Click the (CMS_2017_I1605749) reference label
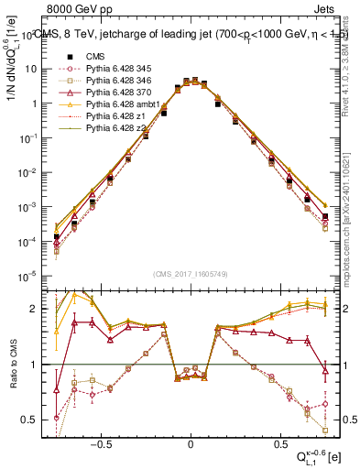point(191,272)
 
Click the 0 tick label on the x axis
point(191,441)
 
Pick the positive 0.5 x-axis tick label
point(279,441)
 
